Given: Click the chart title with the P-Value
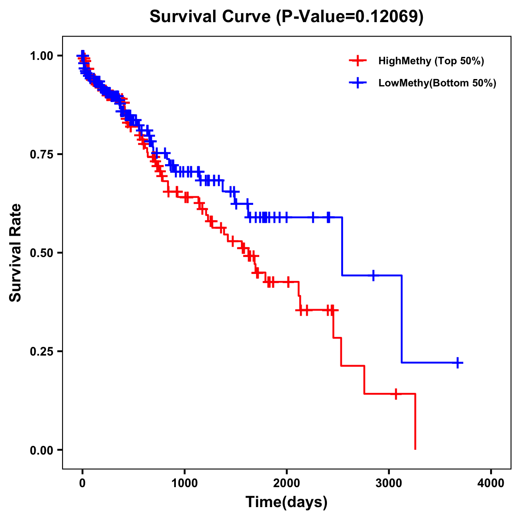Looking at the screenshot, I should coord(287,16).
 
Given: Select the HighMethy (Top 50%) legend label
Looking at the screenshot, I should coord(431,61).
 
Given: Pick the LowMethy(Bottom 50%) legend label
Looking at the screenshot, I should coord(437,83).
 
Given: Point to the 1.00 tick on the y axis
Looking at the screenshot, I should coord(41,56).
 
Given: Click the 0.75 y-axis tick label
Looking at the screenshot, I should coord(41,155).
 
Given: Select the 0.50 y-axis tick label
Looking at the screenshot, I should coord(41,253).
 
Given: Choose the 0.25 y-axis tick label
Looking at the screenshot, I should coord(41,352).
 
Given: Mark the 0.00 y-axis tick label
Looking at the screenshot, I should coord(41,450).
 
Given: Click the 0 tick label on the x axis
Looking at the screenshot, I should coord(82,483).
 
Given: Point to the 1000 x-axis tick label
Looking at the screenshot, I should coord(185,483).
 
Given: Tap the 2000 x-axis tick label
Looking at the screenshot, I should coord(287,483).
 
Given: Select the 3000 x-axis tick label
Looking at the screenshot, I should coord(389,483).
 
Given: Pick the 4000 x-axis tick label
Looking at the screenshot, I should coord(491,483).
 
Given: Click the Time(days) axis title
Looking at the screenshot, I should coord(287,502).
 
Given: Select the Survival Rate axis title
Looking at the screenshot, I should coord(16,253).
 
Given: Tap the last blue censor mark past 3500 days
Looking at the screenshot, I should coord(458,363).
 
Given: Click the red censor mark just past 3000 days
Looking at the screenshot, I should coord(396,394).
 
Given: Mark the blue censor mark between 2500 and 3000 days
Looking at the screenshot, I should coord(373,275).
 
